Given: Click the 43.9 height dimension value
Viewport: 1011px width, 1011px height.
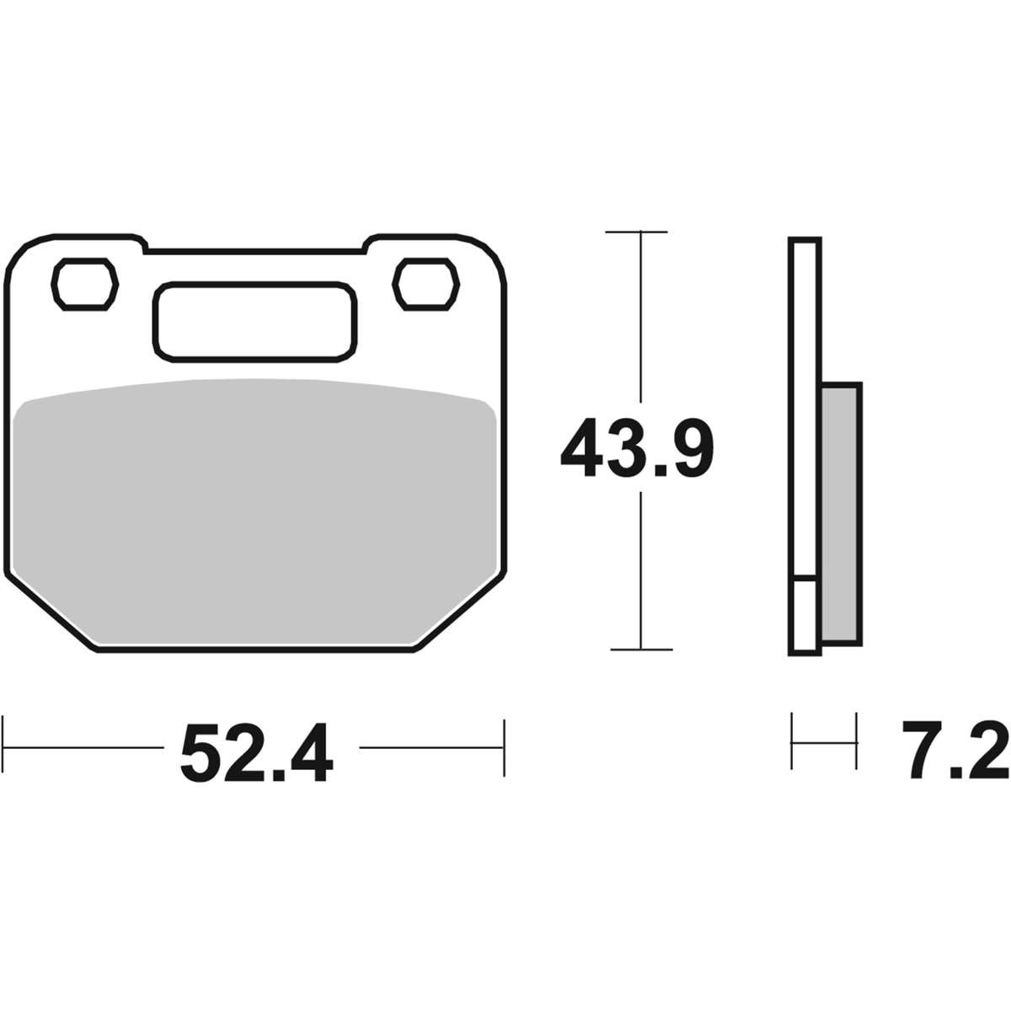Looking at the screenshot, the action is coord(637,447).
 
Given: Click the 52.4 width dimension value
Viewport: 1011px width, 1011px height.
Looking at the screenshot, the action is coord(257,753).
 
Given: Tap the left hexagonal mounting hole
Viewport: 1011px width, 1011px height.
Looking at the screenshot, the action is coord(84,284).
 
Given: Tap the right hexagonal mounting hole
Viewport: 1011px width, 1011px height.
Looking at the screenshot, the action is coord(426,284).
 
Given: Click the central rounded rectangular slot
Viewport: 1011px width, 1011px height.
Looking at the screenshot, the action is coord(255,322).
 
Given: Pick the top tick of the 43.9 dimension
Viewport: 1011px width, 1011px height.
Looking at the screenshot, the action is coord(636,232).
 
